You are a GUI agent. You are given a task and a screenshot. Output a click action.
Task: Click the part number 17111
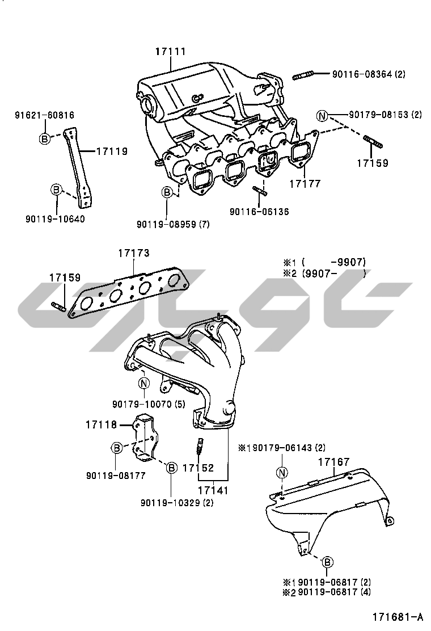[x=171, y=52]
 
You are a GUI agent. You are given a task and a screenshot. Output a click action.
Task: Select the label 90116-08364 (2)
[x=369, y=74]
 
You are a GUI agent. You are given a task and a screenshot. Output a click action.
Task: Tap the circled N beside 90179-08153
[x=323, y=117]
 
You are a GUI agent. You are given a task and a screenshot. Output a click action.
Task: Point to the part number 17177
[x=305, y=184]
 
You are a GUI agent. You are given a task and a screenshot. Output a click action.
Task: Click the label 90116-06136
[x=259, y=212]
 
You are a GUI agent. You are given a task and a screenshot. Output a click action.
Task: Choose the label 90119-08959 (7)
[x=173, y=224]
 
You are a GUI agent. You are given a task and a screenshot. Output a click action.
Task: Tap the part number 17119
[x=111, y=152]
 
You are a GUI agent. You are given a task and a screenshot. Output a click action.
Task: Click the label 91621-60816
[x=44, y=115]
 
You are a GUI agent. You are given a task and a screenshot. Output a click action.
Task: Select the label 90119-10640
[x=55, y=218]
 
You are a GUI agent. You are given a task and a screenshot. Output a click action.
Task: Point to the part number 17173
[x=134, y=254]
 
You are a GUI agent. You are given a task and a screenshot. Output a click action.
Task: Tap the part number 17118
[x=102, y=424]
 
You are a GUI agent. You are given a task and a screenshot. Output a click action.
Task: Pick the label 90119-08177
[x=116, y=476]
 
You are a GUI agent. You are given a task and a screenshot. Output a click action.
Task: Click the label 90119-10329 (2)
[x=177, y=502]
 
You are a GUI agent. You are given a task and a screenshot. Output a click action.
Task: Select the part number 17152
[x=198, y=468]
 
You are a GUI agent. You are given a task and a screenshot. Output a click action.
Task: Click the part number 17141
[x=213, y=489]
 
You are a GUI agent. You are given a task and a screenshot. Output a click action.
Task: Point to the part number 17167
[x=333, y=462]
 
